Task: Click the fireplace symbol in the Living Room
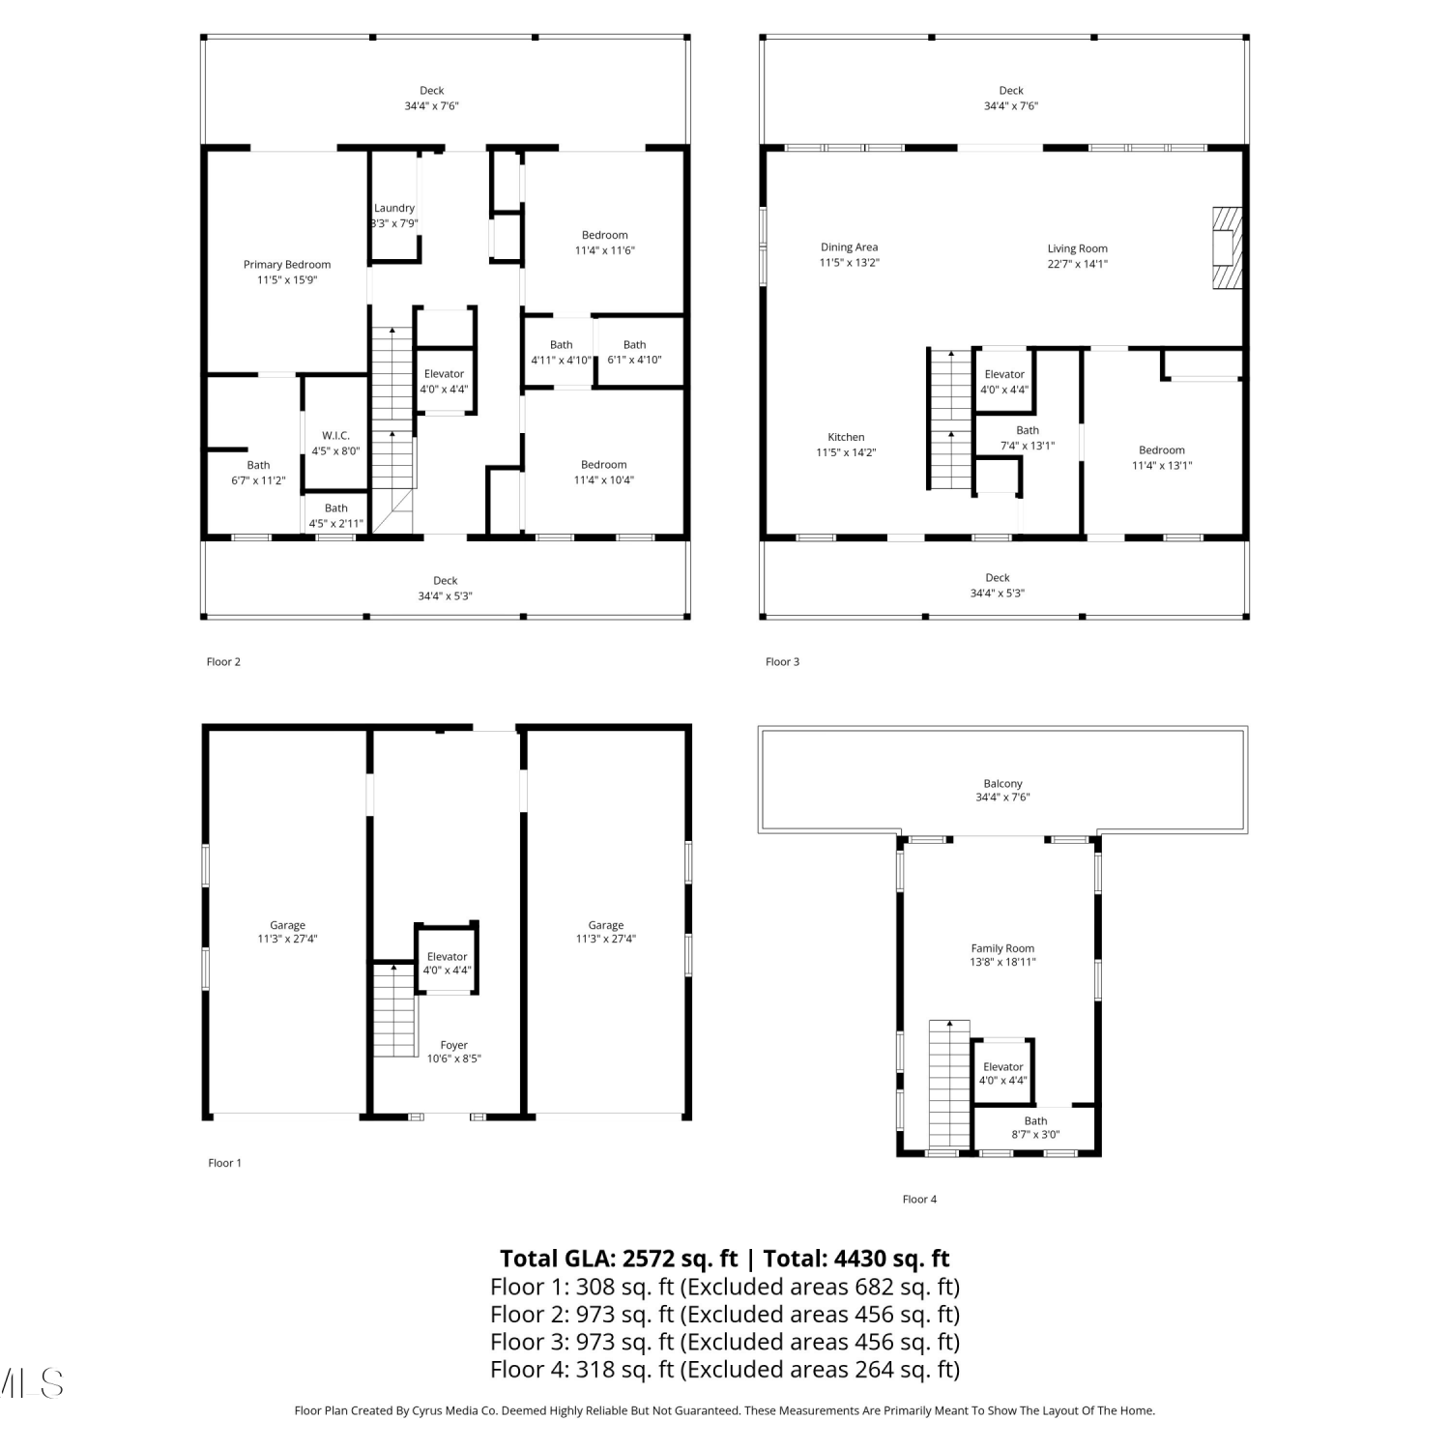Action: coord(1227,246)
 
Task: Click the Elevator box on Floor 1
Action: coord(447,958)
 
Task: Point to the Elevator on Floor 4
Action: coord(1003,1072)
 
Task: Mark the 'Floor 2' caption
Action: coord(223,662)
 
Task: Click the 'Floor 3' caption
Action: coord(782,662)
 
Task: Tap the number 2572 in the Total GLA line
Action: coord(652,1259)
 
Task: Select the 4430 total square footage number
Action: coord(863,1259)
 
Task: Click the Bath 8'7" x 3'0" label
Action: coord(1035,1128)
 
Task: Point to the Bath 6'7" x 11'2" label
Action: coord(258,473)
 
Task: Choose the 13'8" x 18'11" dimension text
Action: coord(1002,963)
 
